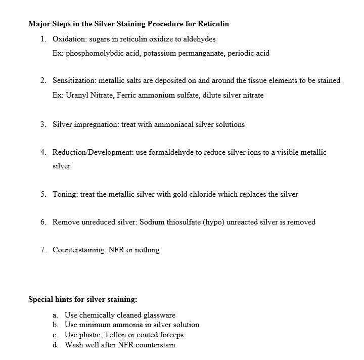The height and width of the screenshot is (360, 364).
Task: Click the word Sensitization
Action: (x=74, y=80)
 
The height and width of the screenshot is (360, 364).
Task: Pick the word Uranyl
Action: (x=77, y=95)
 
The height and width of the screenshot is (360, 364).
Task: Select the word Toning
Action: (x=65, y=194)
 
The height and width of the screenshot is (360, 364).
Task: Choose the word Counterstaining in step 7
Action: (x=79, y=250)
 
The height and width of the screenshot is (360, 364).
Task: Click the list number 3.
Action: (x=43, y=124)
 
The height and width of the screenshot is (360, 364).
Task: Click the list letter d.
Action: (x=55, y=345)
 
